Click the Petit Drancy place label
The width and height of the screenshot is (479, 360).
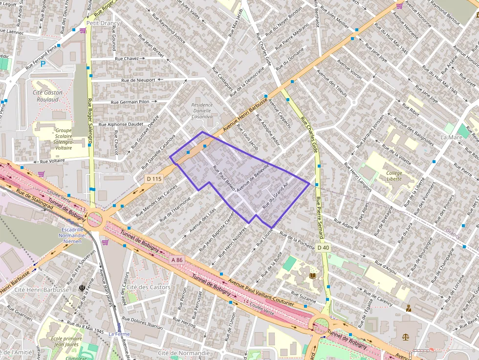pos(103,23)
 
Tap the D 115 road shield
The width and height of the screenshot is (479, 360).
pos(153,179)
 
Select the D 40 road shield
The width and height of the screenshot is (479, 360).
pos(322,248)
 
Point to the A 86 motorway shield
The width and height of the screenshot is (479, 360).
pos(176,260)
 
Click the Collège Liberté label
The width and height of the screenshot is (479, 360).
pos(394,176)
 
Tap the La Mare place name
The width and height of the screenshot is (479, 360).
pos(451,138)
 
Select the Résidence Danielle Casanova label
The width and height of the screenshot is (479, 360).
pos(202,111)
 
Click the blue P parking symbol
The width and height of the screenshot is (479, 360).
pos(43,64)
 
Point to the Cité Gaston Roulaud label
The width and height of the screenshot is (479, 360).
pos(47,96)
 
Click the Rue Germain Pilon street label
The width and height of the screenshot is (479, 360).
pos(130,102)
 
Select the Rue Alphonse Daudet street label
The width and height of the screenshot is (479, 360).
pos(121,125)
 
